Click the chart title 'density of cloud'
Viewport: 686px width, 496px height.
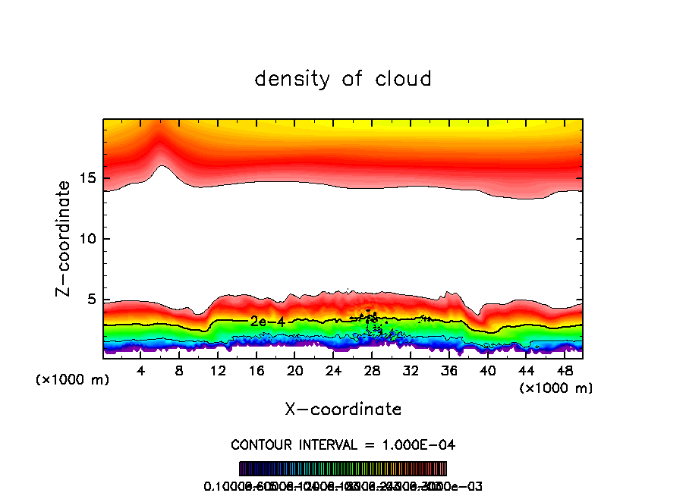pos(343,78)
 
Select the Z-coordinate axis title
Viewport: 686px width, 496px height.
pos(65,239)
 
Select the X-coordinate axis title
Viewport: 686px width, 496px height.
pos(343,409)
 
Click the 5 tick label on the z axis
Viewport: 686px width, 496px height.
pos(90,300)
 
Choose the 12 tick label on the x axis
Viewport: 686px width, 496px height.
pos(219,372)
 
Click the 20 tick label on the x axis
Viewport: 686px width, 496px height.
pos(295,372)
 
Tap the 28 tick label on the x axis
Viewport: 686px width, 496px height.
pos(372,372)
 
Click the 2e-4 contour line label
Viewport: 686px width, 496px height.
pos(267,322)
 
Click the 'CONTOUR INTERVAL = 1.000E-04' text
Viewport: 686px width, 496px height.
pos(343,444)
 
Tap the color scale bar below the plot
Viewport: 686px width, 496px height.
pos(343,469)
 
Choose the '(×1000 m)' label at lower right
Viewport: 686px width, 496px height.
pos(556,388)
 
